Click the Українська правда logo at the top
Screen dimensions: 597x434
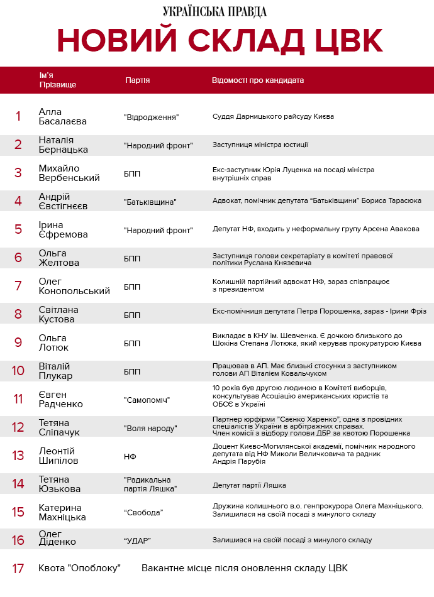(x=214, y=11)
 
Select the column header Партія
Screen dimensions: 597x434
(x=137, y=80)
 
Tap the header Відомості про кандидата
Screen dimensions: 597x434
(x=257, y=80)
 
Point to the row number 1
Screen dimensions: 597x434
(x=18, y=116)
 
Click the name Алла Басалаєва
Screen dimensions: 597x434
(x=62, y=116)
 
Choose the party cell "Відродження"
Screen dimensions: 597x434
(x=151, y=117)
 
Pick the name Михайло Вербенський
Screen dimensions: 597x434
(x=69, y=173)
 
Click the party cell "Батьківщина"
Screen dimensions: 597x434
(x=150, y=202)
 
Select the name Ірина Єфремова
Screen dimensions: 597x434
(x=63, y=229)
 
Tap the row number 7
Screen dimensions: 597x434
(x=18, y=286)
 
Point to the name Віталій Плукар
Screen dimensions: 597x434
(x=55, y=371)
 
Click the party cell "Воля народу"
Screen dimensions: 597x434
(x=150, y=429)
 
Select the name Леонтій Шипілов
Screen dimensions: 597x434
(x=62, y=456)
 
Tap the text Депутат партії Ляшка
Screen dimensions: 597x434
(x=250, y=485)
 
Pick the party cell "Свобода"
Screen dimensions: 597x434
(x=143, y=513)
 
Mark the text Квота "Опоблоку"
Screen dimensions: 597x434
(x=79, y=568)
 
